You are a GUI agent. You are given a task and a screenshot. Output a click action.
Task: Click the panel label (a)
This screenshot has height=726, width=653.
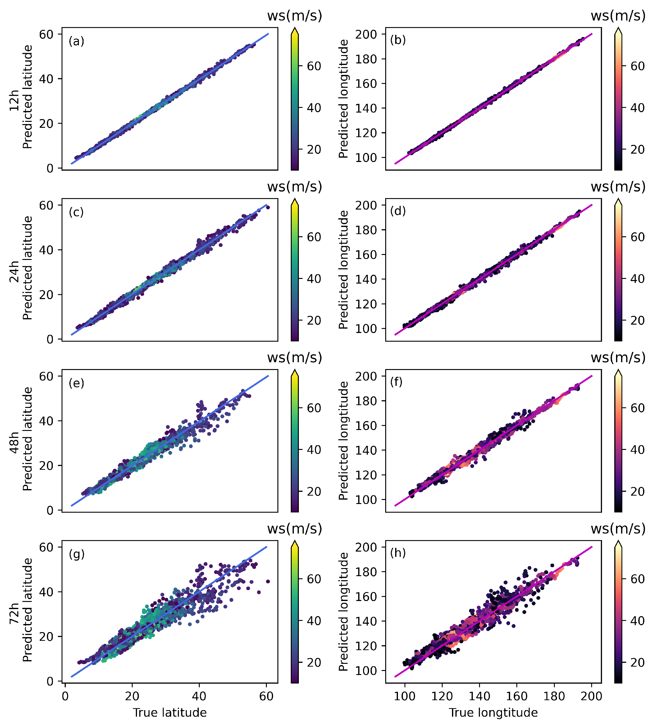pos(76,41)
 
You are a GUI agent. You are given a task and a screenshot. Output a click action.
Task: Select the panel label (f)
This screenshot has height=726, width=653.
pos(396,382)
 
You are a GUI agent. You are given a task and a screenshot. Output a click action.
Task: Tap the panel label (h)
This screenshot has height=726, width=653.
pos(398,553)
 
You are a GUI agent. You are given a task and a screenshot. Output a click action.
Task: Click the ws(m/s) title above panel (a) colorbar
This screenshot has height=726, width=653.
pos(295,16)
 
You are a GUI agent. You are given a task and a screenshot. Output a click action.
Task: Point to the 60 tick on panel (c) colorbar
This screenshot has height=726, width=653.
pos(314,237)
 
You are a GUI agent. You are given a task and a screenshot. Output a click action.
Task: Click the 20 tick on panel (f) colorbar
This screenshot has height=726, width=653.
pos(637,492)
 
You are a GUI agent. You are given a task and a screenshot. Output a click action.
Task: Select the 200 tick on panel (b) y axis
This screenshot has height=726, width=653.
pos(366,34)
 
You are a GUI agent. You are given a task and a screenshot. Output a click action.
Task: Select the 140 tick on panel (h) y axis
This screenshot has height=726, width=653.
pos(366,621)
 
